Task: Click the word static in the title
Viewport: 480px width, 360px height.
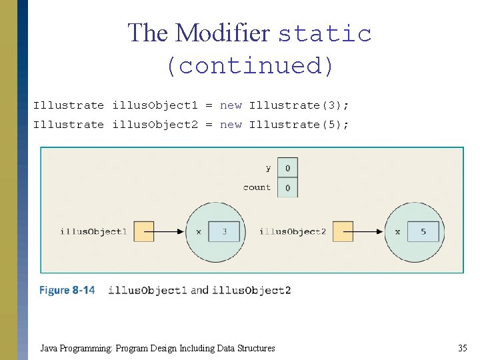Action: click(325, 33)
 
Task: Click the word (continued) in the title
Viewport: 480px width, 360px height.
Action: click(249, 66)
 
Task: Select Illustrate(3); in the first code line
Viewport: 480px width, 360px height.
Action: click(299, 105)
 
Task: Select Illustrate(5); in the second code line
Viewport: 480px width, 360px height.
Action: click(299, 125)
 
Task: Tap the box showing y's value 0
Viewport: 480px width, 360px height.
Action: click(287, 168)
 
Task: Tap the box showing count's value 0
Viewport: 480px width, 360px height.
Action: click(287, 187)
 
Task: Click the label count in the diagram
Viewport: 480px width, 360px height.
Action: click(257, 187)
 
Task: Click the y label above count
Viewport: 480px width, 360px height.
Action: click(268, 168)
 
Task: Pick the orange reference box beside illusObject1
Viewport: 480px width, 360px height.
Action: click(144, 231)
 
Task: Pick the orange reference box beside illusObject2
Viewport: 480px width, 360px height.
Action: click(343, 231)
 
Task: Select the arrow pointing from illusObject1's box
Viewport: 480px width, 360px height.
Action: click(169, 231)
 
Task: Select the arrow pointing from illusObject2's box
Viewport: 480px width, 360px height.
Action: click(368, 231)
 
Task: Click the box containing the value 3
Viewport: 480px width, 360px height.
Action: click(225, 231)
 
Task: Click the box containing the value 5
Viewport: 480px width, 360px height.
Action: click(423, 231)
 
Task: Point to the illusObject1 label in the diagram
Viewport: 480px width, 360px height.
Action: click(93, 231)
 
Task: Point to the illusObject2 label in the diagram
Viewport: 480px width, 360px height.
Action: click(292, 231)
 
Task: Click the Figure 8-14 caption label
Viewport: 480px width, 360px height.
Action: click(67, 290)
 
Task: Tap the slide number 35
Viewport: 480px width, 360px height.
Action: click(462, 348)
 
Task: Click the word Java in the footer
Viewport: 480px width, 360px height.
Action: click(49, 348)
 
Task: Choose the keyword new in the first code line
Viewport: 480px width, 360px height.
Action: click(231, 105)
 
